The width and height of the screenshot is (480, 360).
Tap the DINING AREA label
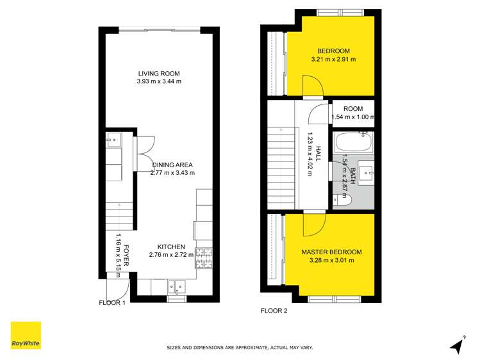pyautogui.click(x=172, y=164)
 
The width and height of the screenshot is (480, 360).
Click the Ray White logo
pyautogui.click(x=26, y=335)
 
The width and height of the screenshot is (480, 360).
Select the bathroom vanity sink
pyautogui.click(x=366, y=172)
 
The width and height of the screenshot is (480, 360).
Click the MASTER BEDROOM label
pyautogui.click(x=331, y=252)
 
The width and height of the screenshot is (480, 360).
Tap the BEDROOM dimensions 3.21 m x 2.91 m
pyautogui.click(x=333, y=60)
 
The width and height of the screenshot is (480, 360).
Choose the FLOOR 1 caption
pyautogui.click(x=112, y=302)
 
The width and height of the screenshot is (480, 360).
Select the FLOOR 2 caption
pyautogui.click(x=274, y=311)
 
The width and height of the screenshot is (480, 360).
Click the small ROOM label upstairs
pyautogui.click(x=353, y=109)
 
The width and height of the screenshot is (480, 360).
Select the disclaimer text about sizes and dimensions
pyautogui.click(x=240, y=348)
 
